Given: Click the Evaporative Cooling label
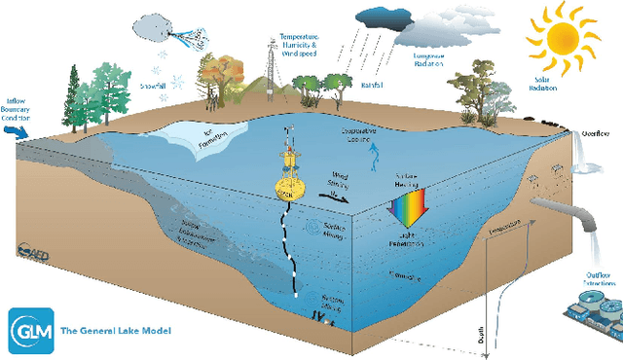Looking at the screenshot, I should (361, 135).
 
